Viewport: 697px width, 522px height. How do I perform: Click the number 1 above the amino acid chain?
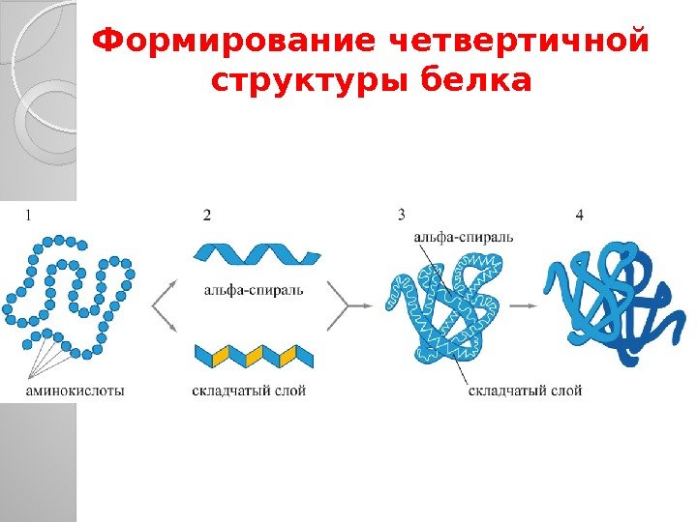pos(28,216)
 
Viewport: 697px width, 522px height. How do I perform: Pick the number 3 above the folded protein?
pos(401,214)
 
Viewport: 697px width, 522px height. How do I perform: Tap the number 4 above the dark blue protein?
pos(579,215)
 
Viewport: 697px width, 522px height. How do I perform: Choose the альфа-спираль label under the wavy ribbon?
pos(255,288)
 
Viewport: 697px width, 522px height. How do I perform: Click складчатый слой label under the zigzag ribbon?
pos(249,391)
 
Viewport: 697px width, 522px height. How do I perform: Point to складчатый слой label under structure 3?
pos(526,391)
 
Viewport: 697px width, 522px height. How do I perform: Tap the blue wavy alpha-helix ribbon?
pos(257,254)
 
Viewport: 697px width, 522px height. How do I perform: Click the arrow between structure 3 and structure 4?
pos(523,304)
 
